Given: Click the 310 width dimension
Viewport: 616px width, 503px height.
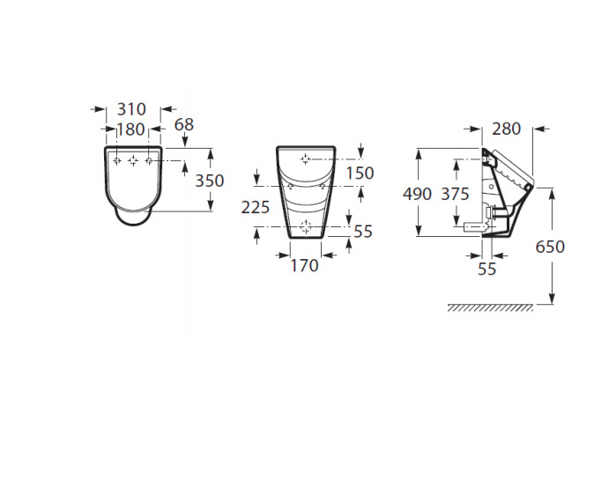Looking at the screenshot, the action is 131,109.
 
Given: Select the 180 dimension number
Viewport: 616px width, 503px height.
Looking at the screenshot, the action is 131,129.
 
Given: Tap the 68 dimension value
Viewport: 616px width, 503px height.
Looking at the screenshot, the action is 184,124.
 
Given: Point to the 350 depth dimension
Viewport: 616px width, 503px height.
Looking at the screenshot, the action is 210,181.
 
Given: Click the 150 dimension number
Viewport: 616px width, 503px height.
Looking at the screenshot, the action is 360,173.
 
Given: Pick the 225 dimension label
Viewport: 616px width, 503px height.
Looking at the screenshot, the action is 256,207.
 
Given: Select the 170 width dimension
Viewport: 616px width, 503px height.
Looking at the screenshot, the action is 304,265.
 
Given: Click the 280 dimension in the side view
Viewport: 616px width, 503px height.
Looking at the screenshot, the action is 507,129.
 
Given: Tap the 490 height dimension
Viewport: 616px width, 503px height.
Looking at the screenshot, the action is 417,194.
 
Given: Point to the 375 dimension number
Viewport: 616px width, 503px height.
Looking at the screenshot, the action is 456,194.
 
